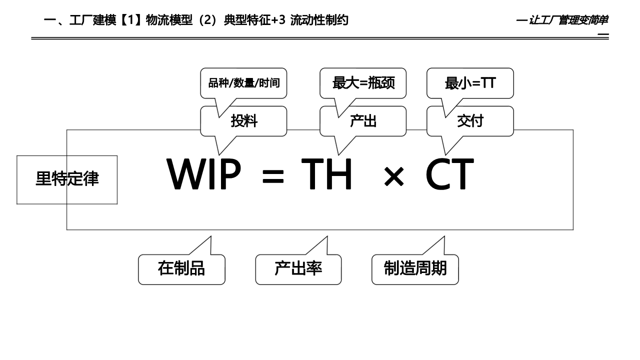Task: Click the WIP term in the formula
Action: (203, 174)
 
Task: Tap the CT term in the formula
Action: (449, 174)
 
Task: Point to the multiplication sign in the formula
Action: (393, 178)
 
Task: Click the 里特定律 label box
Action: (67, 179)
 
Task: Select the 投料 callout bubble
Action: (244, 121)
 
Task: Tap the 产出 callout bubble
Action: (363, 121)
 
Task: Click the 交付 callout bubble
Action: (470, 121)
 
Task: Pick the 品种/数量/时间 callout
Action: (243, 83)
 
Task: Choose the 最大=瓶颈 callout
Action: (363, 83)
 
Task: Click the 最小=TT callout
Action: (470, 83)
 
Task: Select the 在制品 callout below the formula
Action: (181, 269)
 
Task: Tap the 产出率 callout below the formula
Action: (298, 269)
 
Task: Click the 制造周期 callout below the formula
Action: (415, 269)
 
